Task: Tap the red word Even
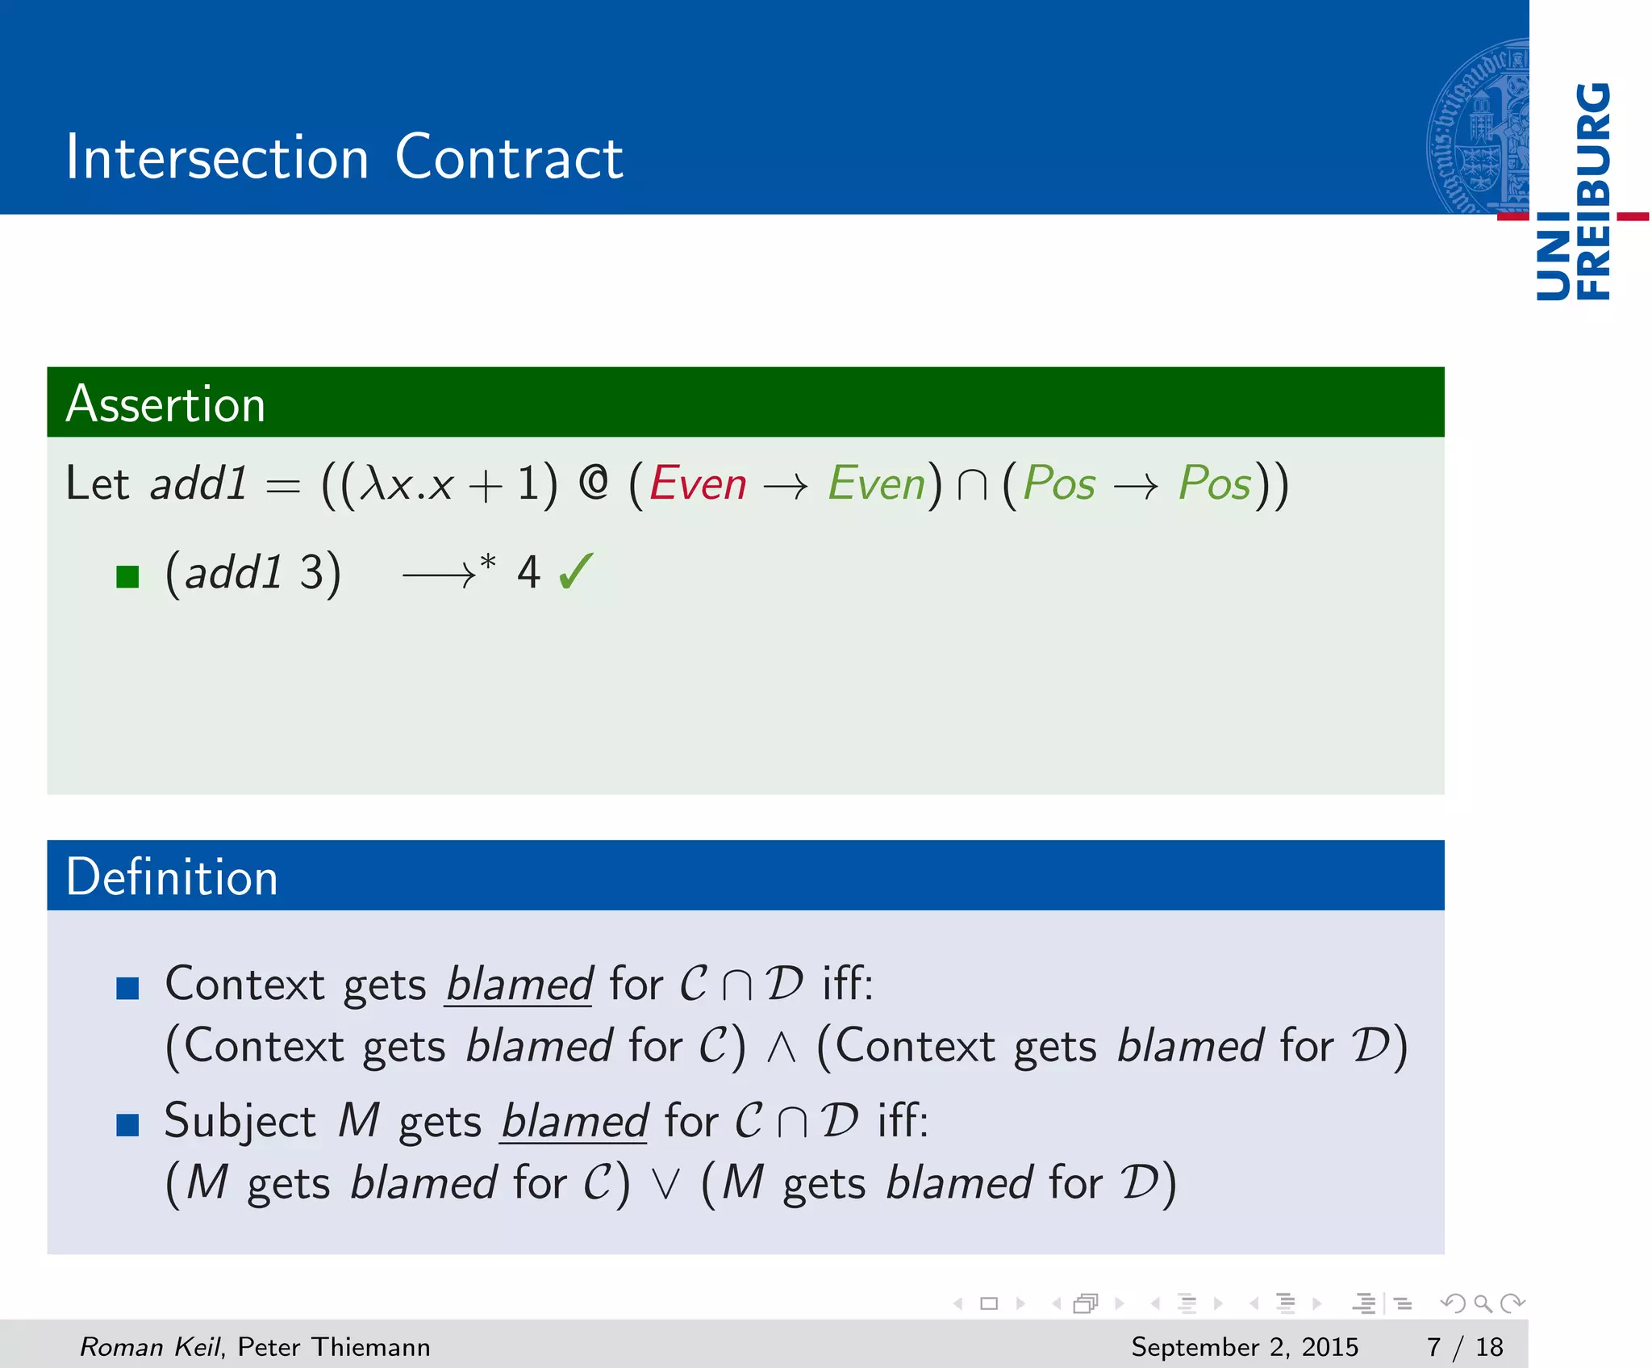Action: [698, 484]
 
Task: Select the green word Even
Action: [877, 484]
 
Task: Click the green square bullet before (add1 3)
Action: [127, 576]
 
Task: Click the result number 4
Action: [528, 572]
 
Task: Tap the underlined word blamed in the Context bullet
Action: [519, 984]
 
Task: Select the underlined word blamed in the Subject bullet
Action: [574, 1121]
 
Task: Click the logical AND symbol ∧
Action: [781, 1048]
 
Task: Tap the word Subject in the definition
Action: [240, 1121]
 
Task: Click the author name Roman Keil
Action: [149, 1346]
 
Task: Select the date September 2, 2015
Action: [1245, 1346]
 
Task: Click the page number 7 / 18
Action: [1465, 1346]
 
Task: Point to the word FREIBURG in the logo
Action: [1593, 191]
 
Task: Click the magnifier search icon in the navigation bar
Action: [1483, 1303]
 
